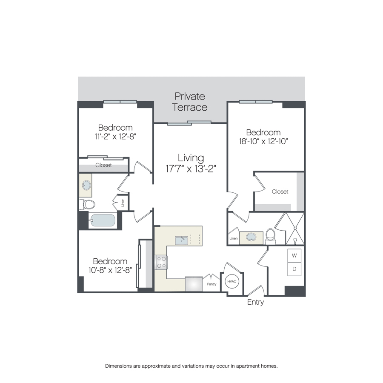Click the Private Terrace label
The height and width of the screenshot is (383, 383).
click(190, 102)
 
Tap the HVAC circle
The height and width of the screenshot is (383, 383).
click(232, 281)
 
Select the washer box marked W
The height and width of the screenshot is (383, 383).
click(294, 255)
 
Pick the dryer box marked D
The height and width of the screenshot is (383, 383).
click(294, 269)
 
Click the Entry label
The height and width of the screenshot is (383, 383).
click(255, 302)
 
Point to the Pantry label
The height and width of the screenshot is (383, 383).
click(212, 284)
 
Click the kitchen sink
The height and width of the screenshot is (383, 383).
click(181, 240)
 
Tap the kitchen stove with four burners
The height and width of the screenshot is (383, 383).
click(161, 262)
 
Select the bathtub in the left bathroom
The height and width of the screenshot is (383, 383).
click(102, 220)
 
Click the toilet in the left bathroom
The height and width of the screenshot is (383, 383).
click(87, 204)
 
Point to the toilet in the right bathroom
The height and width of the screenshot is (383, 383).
click(270, 236)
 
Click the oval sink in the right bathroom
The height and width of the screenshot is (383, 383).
click(251, 237)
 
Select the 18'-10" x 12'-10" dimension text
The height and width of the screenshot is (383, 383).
click(263, 141)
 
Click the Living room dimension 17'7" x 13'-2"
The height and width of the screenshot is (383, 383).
click(191, 169)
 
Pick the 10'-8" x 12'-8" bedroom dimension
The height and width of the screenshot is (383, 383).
click(110, 270)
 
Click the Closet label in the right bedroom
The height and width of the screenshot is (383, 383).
click(280, 191)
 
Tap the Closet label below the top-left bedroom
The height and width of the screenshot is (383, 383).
click(103, 165)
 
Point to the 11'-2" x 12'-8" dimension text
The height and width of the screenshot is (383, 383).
click(115, 136)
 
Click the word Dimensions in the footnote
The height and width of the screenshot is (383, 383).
click(118, 366)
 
